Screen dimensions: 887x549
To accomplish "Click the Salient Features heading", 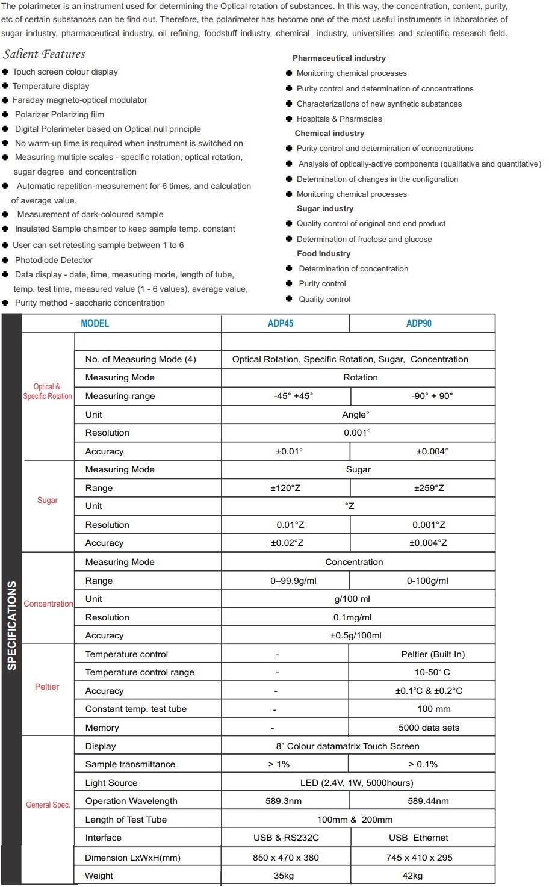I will (x=44, y=54).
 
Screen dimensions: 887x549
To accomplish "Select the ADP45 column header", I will (x=281, y=323).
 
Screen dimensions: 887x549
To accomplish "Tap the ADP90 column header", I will (x=419, y=323).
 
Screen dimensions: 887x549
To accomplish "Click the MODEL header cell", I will (x=95, y=323).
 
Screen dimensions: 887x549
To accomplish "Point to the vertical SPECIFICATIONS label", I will (x=12, y=625).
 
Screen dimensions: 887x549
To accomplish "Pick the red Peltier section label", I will (x=47, y=687).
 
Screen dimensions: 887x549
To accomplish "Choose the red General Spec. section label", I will (x=48, y=805).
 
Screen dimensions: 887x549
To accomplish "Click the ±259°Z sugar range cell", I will (x=429, y=488).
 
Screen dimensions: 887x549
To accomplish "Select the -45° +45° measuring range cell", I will (x=293, y=396).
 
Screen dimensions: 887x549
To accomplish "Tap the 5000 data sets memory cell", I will (x=429, y=728).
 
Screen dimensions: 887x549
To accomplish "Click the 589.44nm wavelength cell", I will (x=428, y=801).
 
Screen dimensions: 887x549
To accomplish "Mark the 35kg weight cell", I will (x=284, y=876).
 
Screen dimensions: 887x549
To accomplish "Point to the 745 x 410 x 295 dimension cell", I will (x=419, y=858).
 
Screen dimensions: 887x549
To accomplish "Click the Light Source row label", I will (x=111, y=783).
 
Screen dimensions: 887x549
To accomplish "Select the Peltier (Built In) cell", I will (x=433, y=654).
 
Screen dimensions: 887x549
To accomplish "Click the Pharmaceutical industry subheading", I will (x=339, y=58).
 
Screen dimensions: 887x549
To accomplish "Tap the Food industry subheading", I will (x=323, y=254).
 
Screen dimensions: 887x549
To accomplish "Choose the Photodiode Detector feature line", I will (x=54, y=260).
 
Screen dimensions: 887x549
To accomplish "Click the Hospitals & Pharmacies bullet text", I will (x=339, y=119).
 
